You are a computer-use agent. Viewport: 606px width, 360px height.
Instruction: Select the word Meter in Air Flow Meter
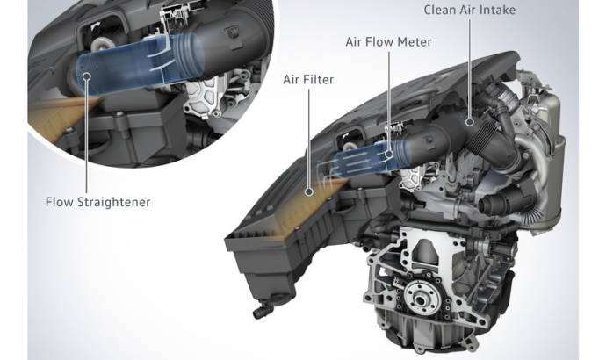point(415,42)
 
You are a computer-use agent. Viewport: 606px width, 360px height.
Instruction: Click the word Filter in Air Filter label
point(319,80)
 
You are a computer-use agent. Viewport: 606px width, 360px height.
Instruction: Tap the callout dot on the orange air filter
point(309,191)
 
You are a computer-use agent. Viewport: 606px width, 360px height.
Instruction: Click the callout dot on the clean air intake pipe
point(470,122)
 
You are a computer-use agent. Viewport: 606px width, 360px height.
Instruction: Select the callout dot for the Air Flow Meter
point(389,155)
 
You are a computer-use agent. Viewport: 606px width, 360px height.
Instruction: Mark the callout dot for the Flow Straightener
point(87,76)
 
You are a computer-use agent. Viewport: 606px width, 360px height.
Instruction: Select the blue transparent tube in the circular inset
point(139,64)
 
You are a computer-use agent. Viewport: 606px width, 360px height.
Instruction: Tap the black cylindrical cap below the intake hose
point(496,202)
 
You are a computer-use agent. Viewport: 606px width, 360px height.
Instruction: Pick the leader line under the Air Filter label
point(309,139)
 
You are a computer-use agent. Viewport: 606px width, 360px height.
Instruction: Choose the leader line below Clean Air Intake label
point(470,68)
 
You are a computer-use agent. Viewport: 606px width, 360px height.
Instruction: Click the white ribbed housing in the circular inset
point(204,97)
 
